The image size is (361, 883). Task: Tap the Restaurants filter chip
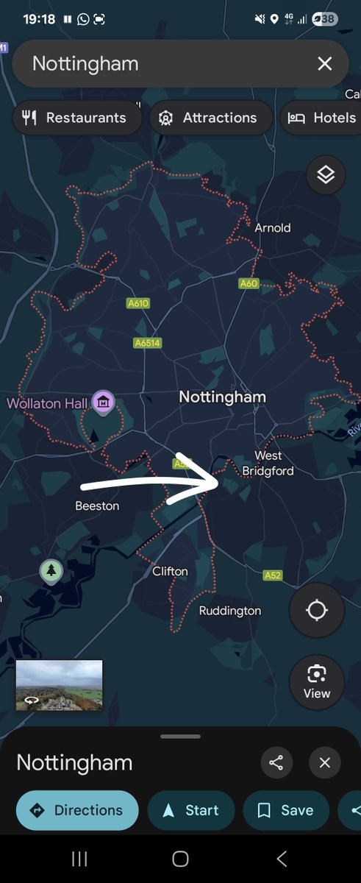(76, 118)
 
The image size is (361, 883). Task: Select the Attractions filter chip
(210, 118)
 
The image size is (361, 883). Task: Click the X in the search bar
(324, 64)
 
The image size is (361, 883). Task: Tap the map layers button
(326, 174)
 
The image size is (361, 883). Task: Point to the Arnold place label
(273, 228)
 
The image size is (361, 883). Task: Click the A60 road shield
(249, 283)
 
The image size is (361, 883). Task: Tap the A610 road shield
(137, 303)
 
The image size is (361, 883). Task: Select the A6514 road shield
(147, 343)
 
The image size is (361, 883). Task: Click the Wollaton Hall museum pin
(103, 402)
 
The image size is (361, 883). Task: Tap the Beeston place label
(97, 506)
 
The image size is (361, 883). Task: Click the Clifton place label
(170, 571)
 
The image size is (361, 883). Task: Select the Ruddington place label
(230, 611)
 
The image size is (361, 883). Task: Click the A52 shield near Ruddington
(273, 575)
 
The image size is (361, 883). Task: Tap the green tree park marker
(51, 570)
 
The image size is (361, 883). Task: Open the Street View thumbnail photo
(60, 685)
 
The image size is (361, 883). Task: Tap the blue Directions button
(77, 810)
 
